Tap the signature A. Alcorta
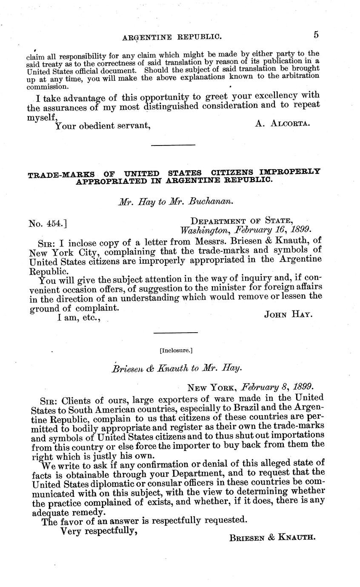(283, 123)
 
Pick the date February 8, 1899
(277, 387)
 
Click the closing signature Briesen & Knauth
(272, 537)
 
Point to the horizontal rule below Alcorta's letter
(173, 145)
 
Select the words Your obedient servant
(103, 125)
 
